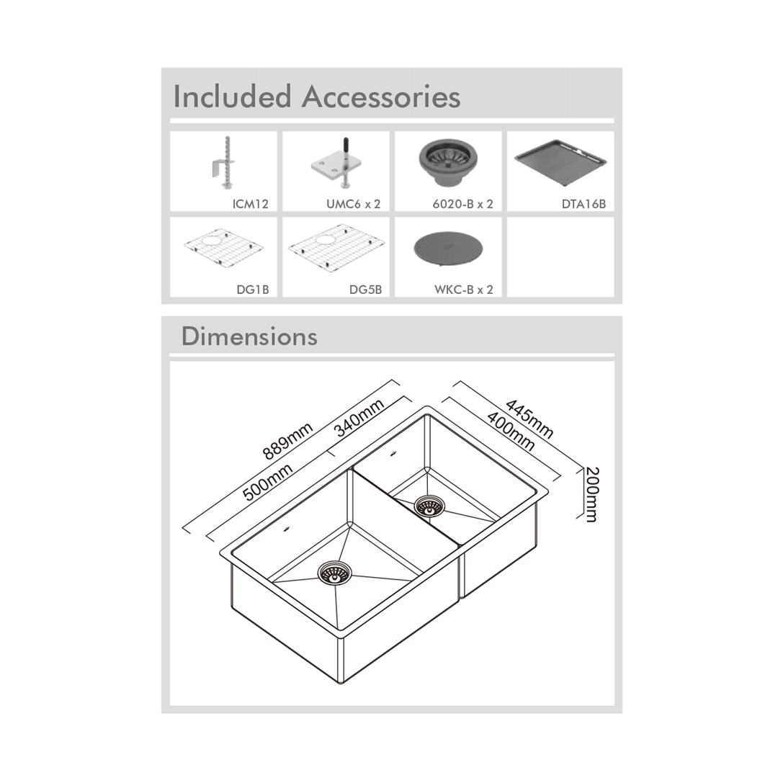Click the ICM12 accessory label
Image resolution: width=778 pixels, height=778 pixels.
coord(250,204)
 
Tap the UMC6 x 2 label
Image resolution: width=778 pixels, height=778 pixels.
coord(353,204)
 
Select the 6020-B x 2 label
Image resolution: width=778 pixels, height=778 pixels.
coord(463,204)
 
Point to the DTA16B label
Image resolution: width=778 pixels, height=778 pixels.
coord(583,204)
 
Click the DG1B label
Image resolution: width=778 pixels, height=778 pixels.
coord(253,290)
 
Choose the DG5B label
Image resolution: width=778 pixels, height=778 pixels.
coord(366,290)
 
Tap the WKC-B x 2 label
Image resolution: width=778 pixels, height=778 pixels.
coord(464,290)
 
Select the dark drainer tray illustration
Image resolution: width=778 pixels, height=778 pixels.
coord(560,161)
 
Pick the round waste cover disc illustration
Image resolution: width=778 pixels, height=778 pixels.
coord(448,249)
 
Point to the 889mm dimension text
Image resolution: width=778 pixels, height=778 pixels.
coord(287,441)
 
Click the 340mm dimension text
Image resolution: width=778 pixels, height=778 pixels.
coord(359,418)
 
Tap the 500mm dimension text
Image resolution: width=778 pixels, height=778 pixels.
coord(267,482)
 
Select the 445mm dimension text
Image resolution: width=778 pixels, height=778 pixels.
coord(529,419)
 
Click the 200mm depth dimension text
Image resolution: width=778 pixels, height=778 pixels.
coord(591,495)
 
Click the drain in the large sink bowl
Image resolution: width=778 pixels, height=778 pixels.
coord(334,574)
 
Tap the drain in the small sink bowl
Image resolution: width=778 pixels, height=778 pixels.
coord(429,506)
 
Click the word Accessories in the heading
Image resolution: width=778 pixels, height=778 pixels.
coord(381,97)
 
